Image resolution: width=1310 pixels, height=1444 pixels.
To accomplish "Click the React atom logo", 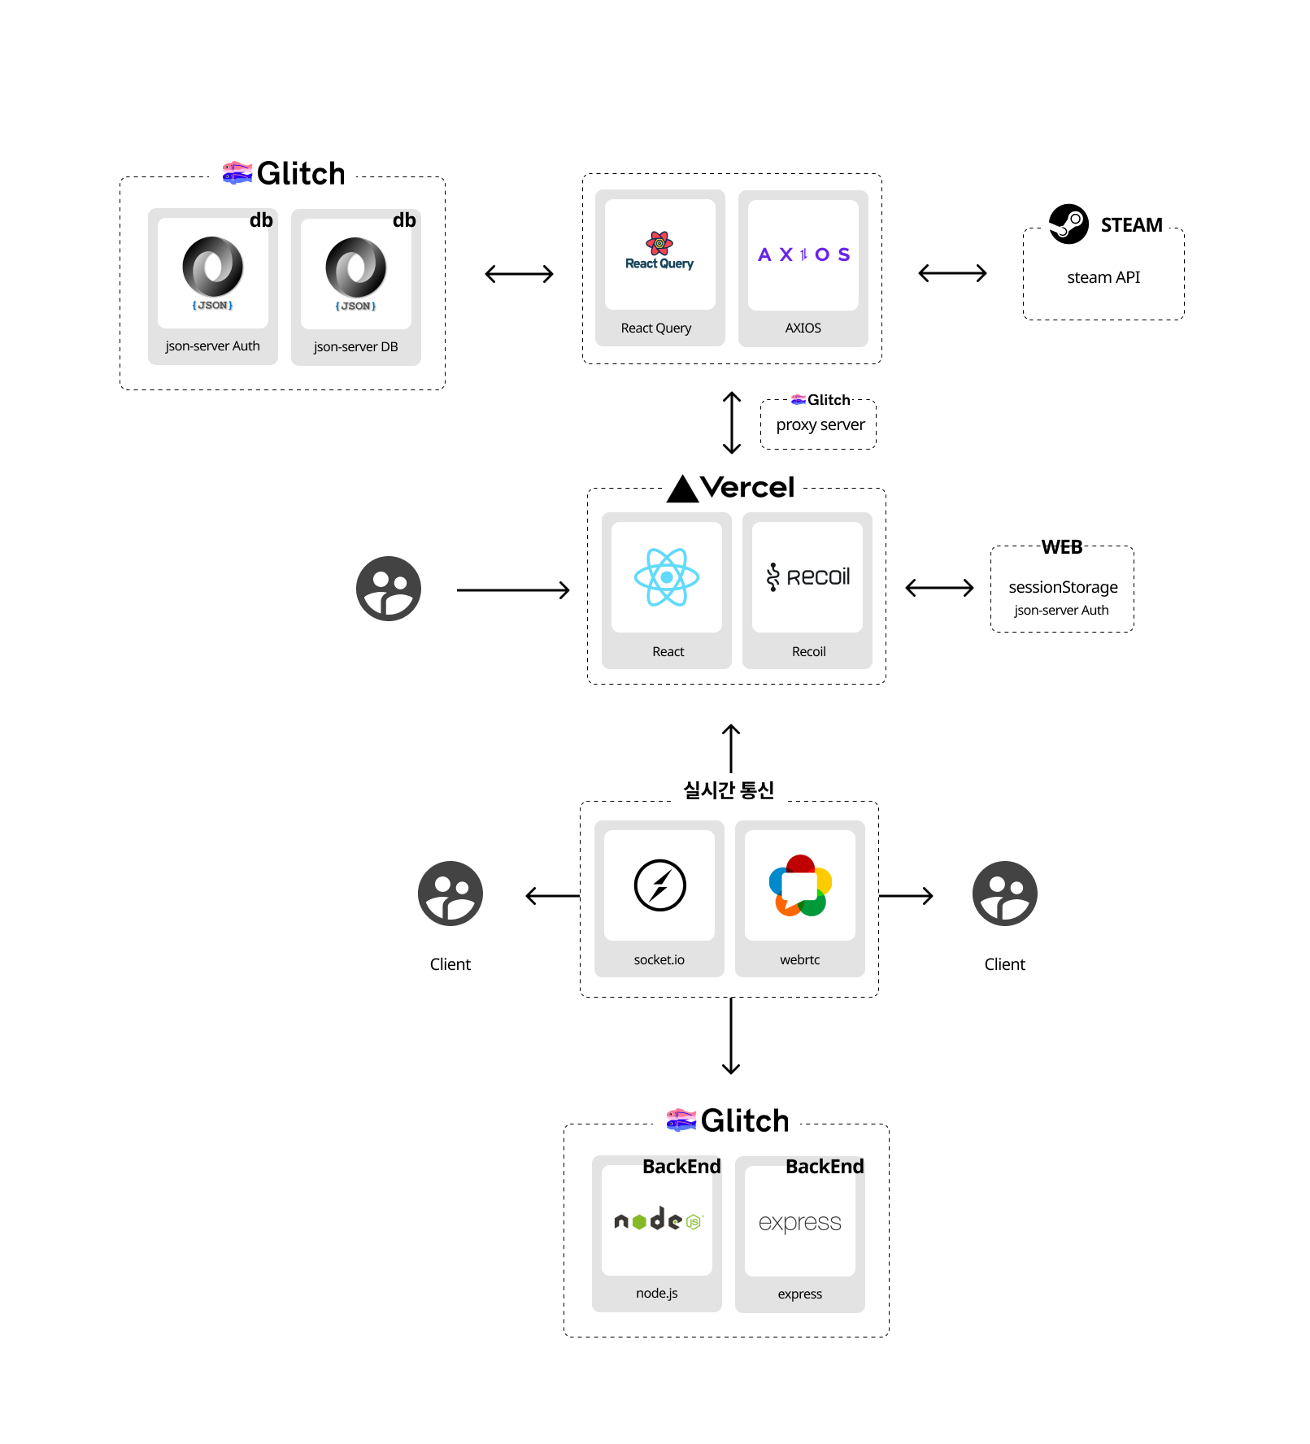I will click(x=667, y=577).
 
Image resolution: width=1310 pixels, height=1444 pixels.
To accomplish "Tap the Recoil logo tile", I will click(x=807, y=577).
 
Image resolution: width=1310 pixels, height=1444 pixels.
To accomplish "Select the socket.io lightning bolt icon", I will click(x=659, y=885).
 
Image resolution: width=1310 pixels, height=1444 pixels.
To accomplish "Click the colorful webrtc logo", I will click(x=800, y=885).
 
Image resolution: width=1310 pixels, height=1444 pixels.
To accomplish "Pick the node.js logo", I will click(x=657, y=1220).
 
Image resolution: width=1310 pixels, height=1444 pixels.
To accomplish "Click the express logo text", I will click(x=800, y=1222).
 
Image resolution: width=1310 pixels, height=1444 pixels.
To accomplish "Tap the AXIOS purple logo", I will click(x=803, y=254).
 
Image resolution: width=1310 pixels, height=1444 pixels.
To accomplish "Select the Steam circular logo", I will click(x=1068, y=224).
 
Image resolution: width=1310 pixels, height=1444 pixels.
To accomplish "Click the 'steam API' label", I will click(x=1103, y=277).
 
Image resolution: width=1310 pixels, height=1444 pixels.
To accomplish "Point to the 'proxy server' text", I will click(x=820, y=425).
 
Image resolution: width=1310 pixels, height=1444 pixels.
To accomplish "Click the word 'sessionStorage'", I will click(x=1063, y=587).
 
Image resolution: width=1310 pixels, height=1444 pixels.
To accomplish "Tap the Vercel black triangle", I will click(x=682, y=489).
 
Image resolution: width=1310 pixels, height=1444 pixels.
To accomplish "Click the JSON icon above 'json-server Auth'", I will click(x=213, y=267).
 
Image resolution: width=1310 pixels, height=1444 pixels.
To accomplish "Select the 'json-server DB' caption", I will click(x=355, y=347).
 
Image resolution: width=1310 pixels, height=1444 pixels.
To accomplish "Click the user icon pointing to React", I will click(x=389, y=589).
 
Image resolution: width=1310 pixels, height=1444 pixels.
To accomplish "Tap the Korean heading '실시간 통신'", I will click(x=729, y=790).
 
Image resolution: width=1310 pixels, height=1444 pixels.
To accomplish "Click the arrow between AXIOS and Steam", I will click(x=952, y=273).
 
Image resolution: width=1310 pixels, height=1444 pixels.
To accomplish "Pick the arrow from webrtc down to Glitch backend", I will click(x=731, y=1037).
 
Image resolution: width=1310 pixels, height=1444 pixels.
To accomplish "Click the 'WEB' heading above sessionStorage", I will click(x=1062, y=547).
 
